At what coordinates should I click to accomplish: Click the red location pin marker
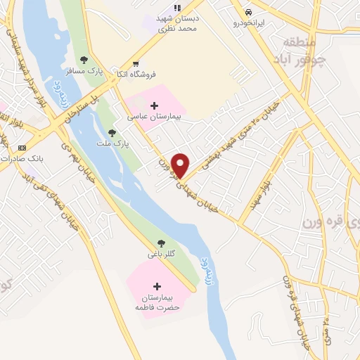tap(181, 165)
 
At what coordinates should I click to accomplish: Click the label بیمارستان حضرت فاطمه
tap(157, 302)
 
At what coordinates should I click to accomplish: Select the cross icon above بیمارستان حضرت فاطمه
tap(157, 286)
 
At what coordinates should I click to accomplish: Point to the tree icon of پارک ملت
tap(112, 132)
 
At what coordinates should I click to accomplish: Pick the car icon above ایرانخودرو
tap(248, 12)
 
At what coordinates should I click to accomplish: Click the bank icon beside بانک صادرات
tap(22, 148)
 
